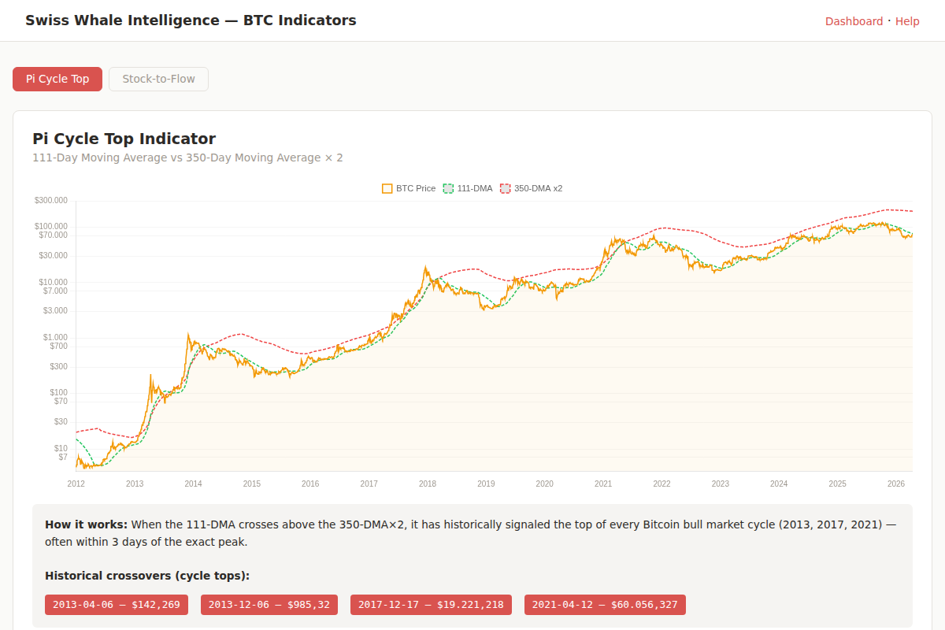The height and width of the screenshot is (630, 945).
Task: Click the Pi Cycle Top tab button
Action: (x=57, y=79)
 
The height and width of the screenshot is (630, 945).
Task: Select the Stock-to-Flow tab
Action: (x=158, y=79)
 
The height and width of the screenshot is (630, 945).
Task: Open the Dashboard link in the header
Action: (x=854, y=21)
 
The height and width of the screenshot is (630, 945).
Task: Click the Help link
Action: (x=907, y=21)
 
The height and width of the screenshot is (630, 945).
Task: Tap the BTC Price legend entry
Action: (x=409, y=188)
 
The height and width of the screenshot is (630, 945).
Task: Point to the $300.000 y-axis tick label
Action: (x=51, y=200)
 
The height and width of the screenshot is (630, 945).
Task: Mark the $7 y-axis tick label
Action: (x=63, y=457)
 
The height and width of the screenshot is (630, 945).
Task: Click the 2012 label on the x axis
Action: (x=76, y=484)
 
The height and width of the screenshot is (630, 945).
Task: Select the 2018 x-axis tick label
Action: (x=428, y=484)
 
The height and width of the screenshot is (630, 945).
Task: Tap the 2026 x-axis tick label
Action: (x=895, y=484)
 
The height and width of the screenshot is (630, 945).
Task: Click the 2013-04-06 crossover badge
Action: (x=117, y=605)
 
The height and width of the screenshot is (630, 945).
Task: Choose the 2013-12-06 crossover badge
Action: (x=269, y=605)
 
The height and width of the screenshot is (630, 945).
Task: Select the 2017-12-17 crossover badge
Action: (x=431, y=605)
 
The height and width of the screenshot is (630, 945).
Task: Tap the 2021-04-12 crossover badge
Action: (x=605, y=605)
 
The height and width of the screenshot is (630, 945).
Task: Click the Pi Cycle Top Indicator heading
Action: (x=124, y=139)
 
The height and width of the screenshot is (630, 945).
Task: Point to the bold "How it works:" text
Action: (x=86, y=524)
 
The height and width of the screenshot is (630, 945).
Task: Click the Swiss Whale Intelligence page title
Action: (x=191, y=20)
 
